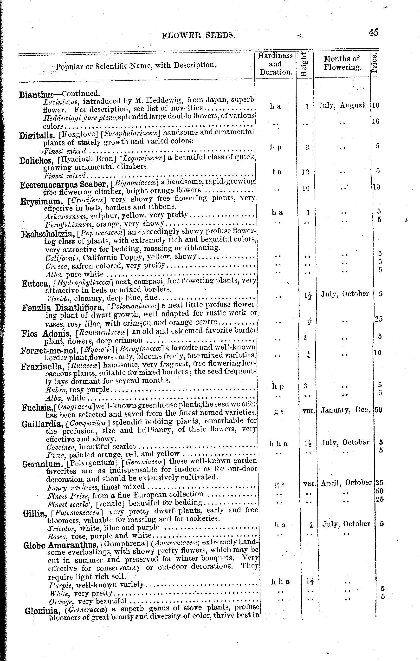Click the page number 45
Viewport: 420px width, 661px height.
point(373,33)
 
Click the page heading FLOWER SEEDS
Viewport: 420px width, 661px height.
point(199,35)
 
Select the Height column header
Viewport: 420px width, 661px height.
point(304,65)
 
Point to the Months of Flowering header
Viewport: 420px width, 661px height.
point(342,63)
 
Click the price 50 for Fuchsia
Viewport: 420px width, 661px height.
point(378,410)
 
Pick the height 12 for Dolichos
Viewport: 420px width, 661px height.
point(306,172)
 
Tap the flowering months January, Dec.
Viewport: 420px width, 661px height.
point(346,410)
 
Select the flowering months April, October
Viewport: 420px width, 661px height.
point(346,483)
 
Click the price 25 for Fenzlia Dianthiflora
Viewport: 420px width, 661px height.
point(379,319)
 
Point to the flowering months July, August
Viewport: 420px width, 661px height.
point(342,105)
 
